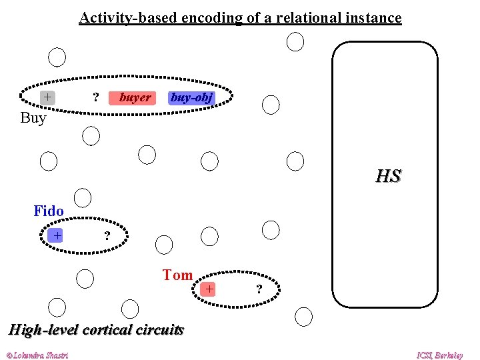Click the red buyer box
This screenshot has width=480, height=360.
135,98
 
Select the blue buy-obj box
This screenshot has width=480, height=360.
191,98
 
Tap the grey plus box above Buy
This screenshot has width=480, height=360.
47,97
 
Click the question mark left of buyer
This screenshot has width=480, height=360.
96,98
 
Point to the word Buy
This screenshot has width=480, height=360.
33,119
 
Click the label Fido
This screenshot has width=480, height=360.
49,211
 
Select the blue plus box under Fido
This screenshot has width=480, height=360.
57,235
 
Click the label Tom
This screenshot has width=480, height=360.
177,275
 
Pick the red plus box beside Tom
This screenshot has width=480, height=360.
209,289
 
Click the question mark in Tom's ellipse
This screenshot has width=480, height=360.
259,289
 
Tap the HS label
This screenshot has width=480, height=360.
388,177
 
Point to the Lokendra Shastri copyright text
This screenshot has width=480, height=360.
37,355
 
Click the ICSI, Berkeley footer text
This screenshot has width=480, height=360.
439,355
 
